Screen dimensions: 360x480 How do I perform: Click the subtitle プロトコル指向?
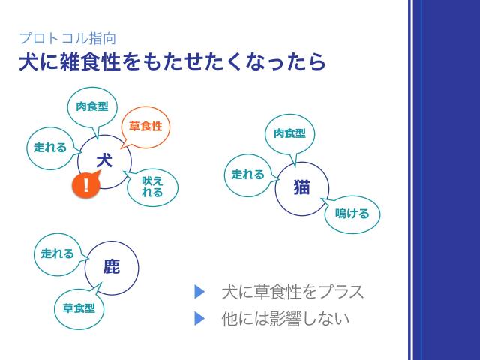(x=67, y=38)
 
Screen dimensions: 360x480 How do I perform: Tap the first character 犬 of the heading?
(x=28, y=62)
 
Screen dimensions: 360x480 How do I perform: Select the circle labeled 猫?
(x=301, y=188)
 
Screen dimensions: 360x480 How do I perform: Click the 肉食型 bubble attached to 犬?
(x=92, y=106)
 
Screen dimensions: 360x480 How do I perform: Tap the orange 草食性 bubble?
(x=145, y=126)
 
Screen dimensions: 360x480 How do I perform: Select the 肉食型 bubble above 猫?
(x=289, y=133)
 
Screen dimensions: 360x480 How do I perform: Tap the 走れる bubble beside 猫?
(x=248, y=175)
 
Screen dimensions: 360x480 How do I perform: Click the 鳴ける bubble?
(x=352, y=214)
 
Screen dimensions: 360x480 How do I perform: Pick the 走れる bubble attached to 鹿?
(x=58, y=253)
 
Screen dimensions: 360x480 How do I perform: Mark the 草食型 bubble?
(x=79, y=307)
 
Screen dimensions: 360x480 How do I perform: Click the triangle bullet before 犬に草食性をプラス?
(x=199, y=292)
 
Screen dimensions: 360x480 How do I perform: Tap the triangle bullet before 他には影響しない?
(x=199, y=318)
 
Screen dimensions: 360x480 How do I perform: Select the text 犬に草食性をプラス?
(x=292, y=292)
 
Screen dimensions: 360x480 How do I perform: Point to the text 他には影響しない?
(x=286, y=318)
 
